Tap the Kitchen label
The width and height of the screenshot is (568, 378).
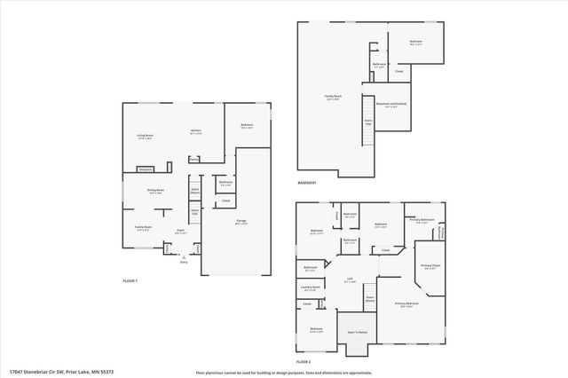[195, 131]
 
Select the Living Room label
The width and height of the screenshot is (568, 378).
[145, 136]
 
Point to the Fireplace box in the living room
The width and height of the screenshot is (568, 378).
[145, 169]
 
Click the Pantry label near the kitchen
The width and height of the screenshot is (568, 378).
[193, 161]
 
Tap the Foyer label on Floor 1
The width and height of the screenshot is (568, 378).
[180, 231]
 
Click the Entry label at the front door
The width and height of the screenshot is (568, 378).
[184, 262]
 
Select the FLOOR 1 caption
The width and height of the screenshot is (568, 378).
[130, 280]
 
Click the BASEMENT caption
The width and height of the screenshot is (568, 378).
[309, 183]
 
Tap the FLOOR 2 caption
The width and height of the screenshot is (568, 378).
[304, 361]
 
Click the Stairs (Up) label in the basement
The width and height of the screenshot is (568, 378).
[367, 122]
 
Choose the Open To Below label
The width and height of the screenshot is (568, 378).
[358, 332]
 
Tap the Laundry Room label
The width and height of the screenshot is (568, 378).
[310, 287]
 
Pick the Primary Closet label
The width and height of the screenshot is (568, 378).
[431, 266]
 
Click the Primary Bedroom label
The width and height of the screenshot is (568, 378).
[406, 303]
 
